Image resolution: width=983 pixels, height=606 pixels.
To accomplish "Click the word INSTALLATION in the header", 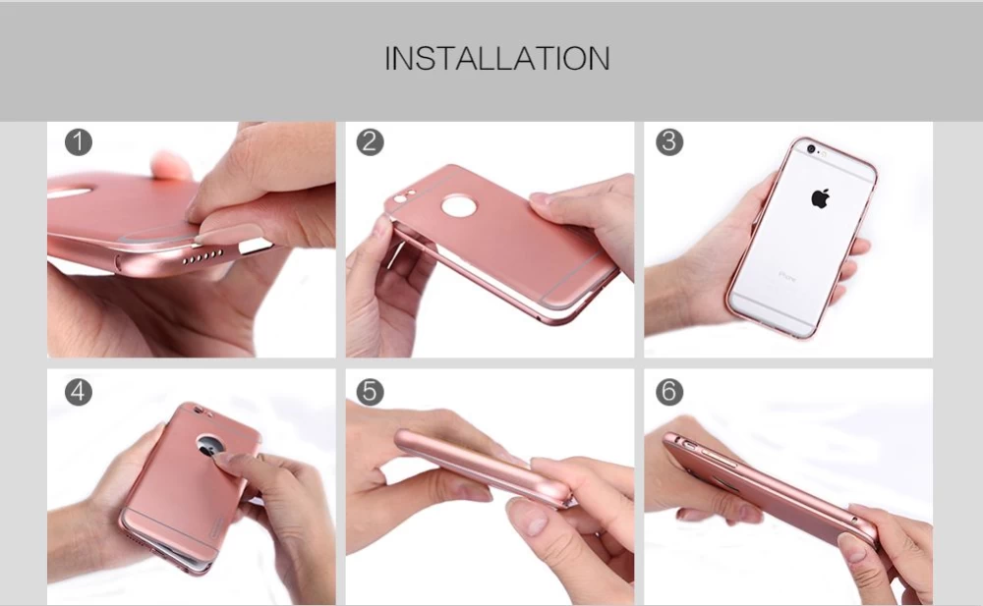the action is tap(496, 58).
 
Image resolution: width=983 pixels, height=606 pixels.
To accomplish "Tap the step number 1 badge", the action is tap(79, 142).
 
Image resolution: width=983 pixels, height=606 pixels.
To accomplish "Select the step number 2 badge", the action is tap(370, 142).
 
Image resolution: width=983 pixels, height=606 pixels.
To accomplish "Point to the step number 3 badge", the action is tap(668, 142).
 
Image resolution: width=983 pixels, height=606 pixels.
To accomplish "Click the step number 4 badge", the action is tap(79, 392).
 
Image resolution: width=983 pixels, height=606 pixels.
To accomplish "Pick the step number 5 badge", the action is tap(370, 392).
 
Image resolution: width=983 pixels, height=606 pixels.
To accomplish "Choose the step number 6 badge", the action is tap(668, 392).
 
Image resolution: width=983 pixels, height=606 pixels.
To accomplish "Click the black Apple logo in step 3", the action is tap(820, 198).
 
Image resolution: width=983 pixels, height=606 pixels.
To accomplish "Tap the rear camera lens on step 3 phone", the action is tap(811, 149).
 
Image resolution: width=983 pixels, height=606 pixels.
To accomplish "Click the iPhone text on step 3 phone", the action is tap(787, 275).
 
